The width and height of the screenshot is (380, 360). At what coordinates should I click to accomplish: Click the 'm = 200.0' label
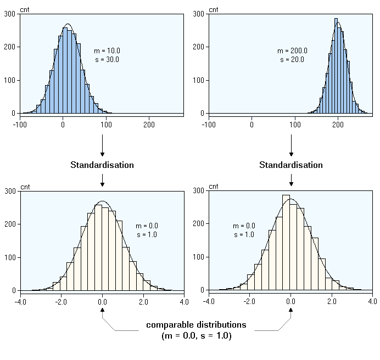(292, 51)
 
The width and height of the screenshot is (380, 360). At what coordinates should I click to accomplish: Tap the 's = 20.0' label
(292, 59)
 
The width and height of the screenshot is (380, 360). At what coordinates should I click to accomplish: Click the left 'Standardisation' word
(102, 165)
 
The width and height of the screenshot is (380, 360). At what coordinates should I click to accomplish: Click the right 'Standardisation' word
(291, 165)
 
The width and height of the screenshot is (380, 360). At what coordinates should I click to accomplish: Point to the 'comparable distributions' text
(196, 325)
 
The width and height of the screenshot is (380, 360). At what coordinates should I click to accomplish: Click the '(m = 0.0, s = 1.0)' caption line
(196, 335)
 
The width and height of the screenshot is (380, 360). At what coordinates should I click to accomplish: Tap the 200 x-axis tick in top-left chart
(149, 125)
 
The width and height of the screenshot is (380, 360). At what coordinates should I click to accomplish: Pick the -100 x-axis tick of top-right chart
(208, 125)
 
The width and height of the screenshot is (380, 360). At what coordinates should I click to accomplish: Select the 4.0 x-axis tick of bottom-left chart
(184, 301)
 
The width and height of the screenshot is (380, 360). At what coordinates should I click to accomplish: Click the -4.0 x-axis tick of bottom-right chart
(209, 301)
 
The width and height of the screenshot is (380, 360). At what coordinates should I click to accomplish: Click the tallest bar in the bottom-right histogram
(286, 241)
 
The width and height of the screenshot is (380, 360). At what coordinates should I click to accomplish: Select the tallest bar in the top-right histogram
(336, 66)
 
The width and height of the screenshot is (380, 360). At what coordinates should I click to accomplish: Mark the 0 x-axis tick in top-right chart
(252, 125)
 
